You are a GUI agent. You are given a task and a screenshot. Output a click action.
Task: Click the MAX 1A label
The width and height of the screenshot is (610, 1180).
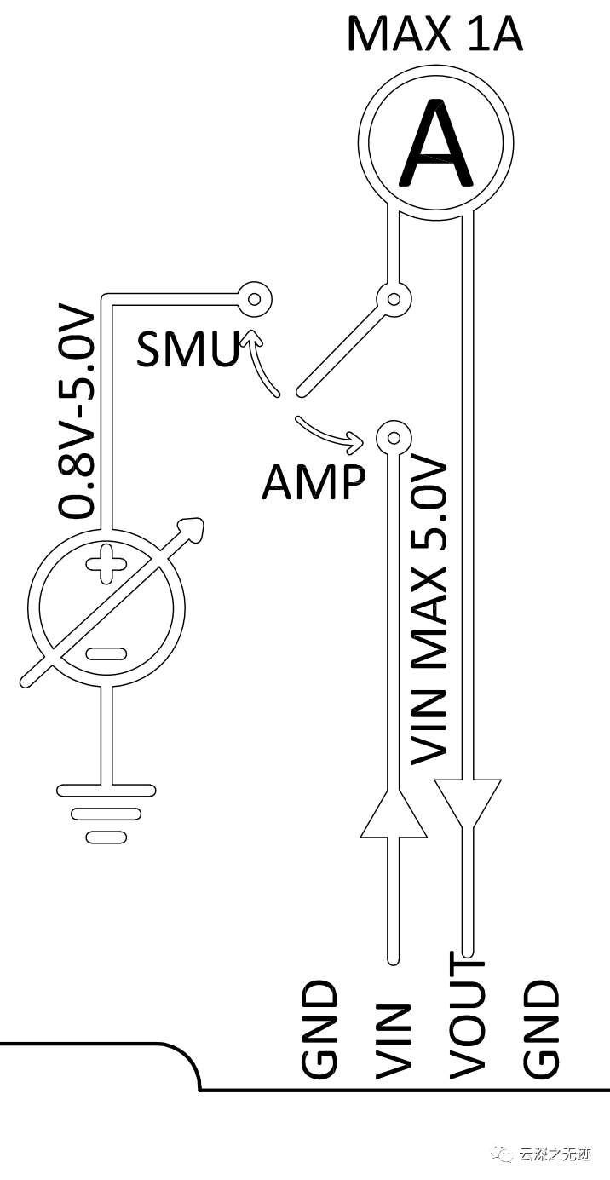[434, 34]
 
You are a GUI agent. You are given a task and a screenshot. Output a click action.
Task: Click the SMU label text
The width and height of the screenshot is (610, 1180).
[187, 349]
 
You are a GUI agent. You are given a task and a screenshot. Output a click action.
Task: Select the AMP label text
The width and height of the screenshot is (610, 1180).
[313, 483]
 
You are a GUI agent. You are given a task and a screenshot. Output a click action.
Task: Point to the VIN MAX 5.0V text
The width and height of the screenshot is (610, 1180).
[429, 610]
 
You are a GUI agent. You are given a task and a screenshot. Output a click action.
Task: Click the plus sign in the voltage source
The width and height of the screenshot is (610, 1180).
[106, 563]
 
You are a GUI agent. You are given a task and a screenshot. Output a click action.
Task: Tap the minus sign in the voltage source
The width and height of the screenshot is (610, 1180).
[106, 653]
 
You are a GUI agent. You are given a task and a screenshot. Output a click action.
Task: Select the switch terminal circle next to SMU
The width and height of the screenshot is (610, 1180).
[253, 298]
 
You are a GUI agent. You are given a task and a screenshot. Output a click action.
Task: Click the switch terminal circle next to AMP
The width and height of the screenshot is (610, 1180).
[393, 439]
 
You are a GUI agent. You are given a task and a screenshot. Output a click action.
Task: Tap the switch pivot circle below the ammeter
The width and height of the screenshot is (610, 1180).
[394, 299]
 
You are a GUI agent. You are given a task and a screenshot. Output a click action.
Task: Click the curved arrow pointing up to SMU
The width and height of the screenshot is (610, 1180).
[258, 362]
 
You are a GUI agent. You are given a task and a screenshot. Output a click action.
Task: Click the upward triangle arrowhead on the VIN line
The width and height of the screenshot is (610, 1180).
[393, 814]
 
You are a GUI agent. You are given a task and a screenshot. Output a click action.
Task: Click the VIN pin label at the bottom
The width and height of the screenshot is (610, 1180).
[393, 1041]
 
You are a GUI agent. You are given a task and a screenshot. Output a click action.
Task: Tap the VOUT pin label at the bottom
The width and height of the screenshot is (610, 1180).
[466, 1018]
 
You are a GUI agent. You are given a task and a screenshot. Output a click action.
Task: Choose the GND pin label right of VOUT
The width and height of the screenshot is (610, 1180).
[541, 1031]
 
